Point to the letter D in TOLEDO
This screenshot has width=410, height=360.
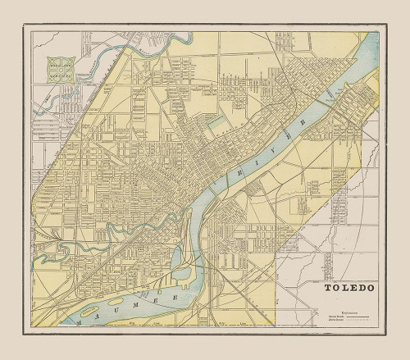[356, 288]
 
